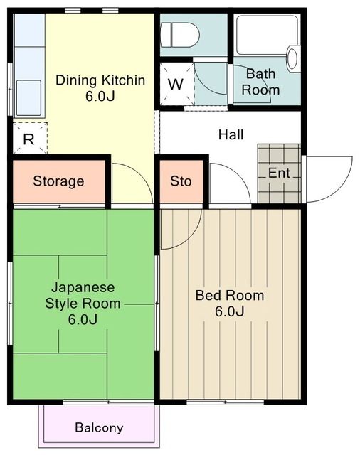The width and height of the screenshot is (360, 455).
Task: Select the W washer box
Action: (175, 82)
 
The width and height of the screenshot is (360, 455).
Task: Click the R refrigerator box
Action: (29, 138)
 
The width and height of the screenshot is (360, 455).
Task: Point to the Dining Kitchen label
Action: (100, 80)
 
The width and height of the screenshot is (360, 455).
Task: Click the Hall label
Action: (231, 134)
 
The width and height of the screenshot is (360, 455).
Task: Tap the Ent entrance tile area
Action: (279, 173)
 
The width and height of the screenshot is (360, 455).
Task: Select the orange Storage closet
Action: (58, 181)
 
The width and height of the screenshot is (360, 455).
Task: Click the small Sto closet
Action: (181, 181)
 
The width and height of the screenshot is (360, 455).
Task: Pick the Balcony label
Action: (99, 428)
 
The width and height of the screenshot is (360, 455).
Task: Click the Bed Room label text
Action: (230, 296)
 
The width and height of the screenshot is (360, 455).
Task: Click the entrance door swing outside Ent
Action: (327, 178)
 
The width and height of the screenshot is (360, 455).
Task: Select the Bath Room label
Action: (260, 82)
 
